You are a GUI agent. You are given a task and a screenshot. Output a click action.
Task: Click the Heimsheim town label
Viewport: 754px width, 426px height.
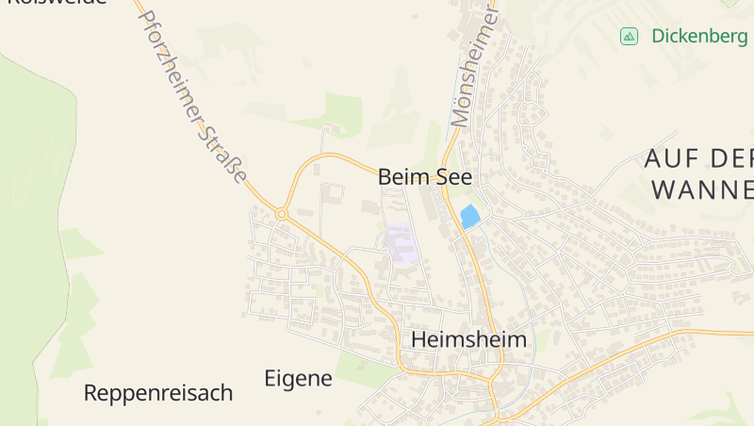(468, 339)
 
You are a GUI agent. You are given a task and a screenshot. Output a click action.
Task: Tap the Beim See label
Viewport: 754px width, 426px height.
(424, 176)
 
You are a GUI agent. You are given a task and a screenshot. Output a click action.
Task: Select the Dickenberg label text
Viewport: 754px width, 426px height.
(699, 37)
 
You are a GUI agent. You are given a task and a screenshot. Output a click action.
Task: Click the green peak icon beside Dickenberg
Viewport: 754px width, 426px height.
(629, 37)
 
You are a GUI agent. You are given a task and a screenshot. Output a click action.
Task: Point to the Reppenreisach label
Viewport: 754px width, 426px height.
(158, 393)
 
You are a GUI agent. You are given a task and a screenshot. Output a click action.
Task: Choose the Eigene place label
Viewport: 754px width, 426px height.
(299, 379)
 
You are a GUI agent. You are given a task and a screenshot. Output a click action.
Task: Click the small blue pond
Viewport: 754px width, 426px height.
(469, 217)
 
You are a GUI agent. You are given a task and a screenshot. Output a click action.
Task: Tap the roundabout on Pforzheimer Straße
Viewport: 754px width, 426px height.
(281, 214)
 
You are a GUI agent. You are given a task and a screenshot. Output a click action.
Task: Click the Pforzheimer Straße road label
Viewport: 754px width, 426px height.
(193, 94)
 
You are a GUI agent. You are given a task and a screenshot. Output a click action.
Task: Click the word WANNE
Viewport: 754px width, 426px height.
(702, 189)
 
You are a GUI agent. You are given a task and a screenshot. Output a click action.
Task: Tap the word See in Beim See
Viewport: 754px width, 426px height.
(452, 176)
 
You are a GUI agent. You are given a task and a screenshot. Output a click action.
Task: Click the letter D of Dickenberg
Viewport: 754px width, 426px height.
(657, 37)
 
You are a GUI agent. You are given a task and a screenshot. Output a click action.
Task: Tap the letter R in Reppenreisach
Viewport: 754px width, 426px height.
(91, 393)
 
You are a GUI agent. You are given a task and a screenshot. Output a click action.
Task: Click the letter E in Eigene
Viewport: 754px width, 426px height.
(270, 379)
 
